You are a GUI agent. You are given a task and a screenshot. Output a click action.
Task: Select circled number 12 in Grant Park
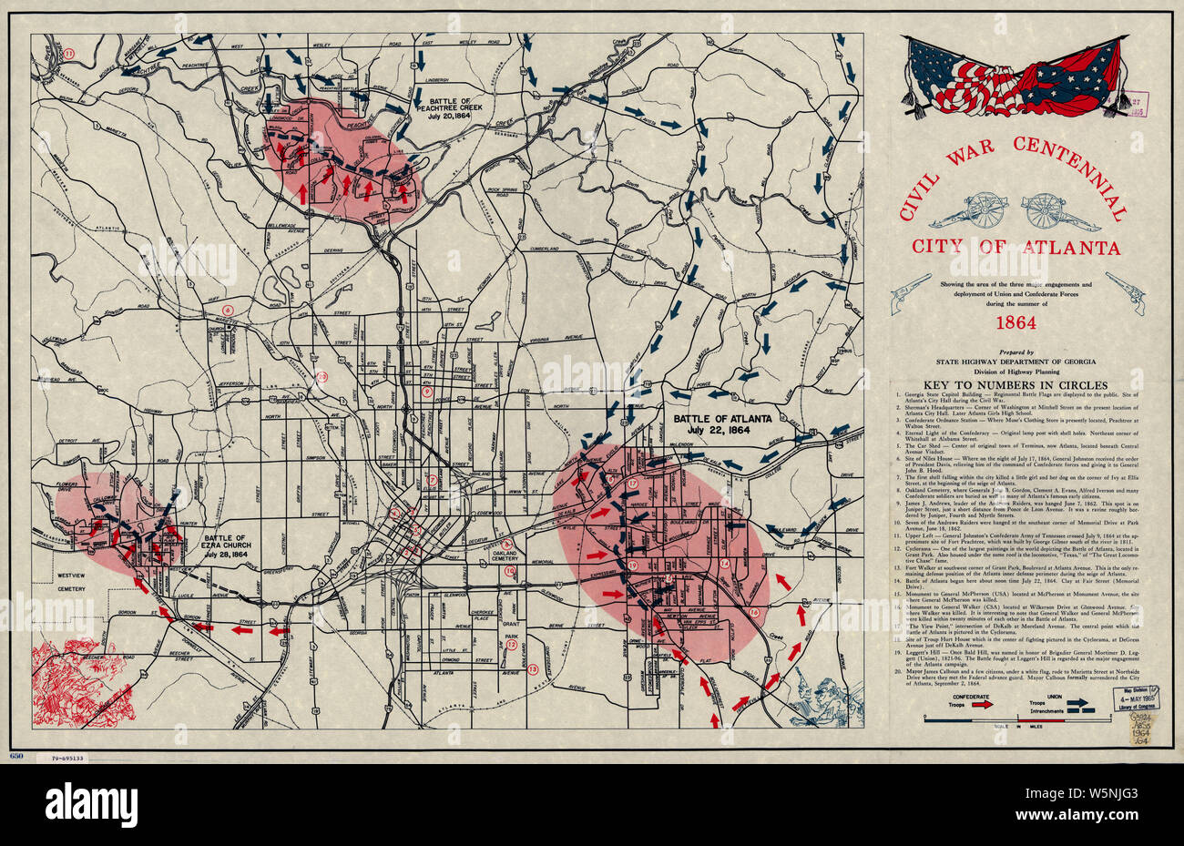pyautogui.click(x=512, y=645)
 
